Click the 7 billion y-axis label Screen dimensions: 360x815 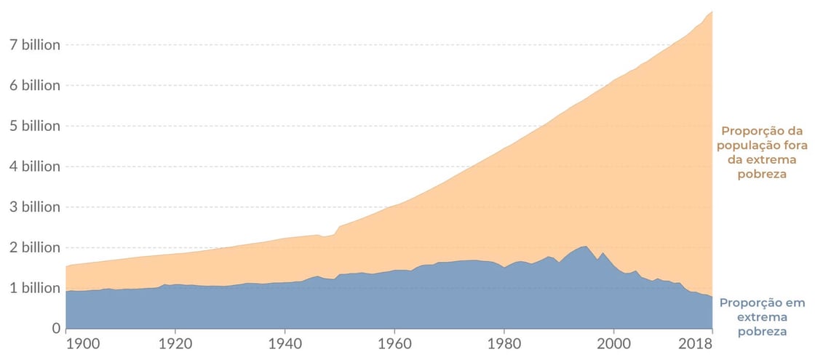(31, 44)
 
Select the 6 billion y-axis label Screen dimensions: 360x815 (31, 85)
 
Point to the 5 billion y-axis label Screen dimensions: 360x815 (31, 126)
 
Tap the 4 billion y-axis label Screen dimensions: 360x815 (31, 167)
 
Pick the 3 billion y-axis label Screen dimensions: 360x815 (31, 207)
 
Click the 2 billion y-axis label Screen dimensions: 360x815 (31, 247)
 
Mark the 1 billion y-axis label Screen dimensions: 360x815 (31, 288)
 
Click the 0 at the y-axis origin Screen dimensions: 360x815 (55, 329)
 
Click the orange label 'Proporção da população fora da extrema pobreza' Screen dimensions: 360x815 (762, 153)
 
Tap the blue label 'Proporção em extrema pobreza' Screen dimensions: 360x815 (762, 316)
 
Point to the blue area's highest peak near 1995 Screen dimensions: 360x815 (586, 247)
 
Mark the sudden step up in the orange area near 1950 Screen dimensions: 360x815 (338, 228)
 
